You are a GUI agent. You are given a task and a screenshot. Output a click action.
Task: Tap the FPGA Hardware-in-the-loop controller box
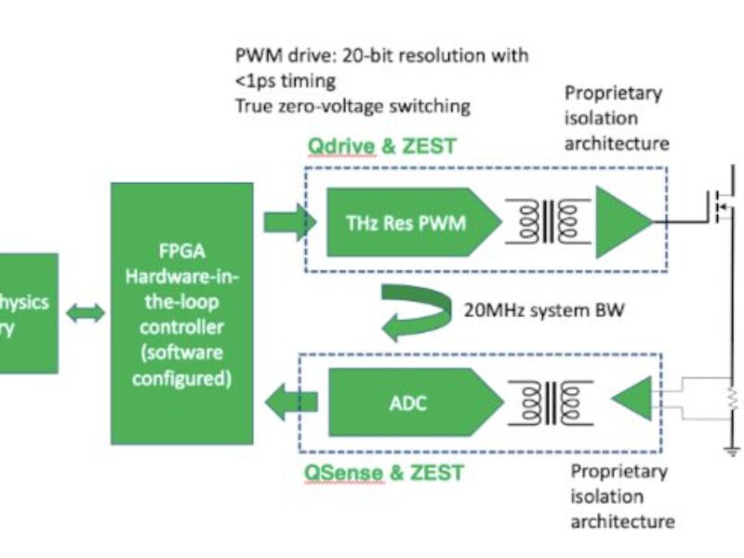click(x=181, y=313)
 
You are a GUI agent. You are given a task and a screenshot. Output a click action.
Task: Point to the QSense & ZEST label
click(x=384, y=472)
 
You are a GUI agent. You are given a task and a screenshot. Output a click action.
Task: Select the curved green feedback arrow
click(x=414, y=312)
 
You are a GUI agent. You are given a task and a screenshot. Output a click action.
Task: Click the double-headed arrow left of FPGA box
click(x=85, y=313)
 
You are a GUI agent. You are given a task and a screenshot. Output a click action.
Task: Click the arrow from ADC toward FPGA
click(x=290, y=402)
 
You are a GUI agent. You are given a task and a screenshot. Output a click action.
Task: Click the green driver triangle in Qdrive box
click(x=623, y=221)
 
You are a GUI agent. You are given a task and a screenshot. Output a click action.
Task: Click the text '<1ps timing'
click(x=272, y=81)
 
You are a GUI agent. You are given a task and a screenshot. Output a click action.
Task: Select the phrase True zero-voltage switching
click(x=352, y=106)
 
